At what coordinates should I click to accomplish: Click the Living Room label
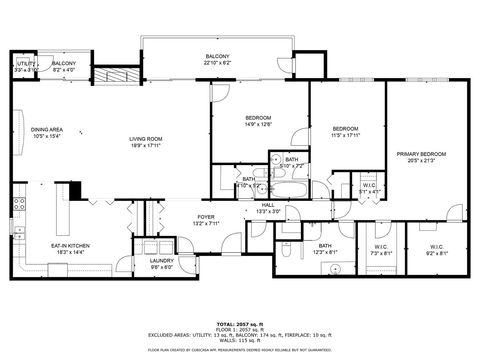click(x=145, y=142)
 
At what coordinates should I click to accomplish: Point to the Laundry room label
click(x=161, y=263)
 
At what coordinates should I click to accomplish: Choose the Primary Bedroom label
click(x=420, y=157)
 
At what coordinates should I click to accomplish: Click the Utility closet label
click(x=26, y=66)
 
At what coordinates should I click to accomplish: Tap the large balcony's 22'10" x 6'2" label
click(x=217, y=59)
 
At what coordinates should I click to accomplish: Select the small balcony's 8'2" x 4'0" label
click(x=64, y=67)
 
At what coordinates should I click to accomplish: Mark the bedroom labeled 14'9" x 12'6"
click(x=258, y=122)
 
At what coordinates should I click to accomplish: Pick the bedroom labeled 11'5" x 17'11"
click(x=346, y=132)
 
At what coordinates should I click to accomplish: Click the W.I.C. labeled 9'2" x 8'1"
click(x=436, y=250)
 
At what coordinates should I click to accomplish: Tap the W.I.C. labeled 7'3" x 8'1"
click(x=380, y=250)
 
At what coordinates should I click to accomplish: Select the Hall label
click(x=267, y=208)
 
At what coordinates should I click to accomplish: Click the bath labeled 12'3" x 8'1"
click(x=325, y=249)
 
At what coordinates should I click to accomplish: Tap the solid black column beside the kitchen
click(x=71, y=191)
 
